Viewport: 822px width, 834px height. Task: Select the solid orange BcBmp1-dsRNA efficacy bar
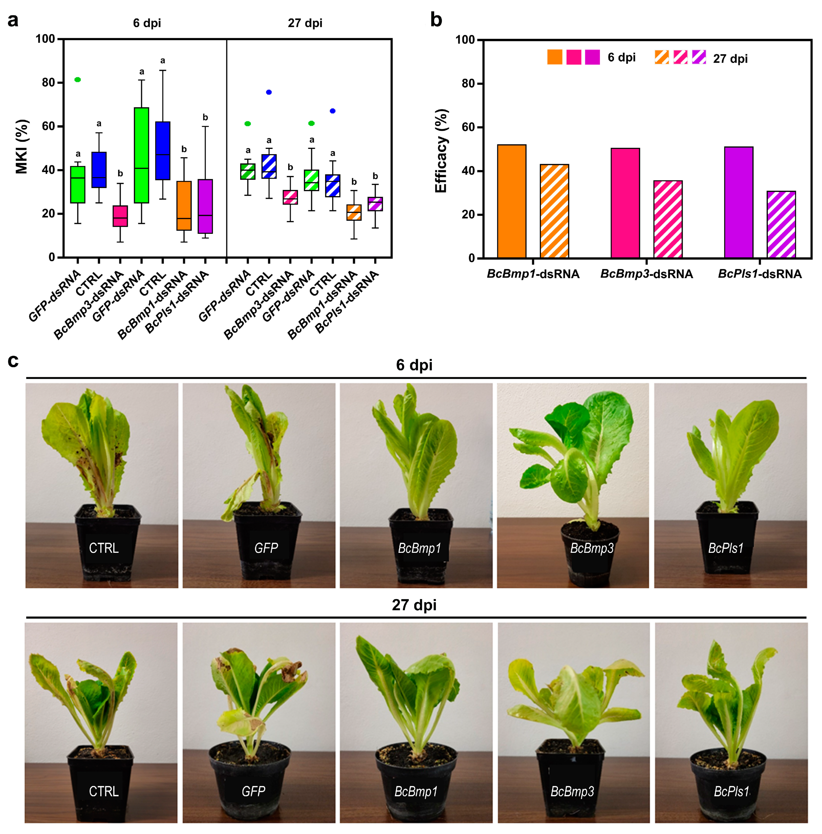tap(512, 202)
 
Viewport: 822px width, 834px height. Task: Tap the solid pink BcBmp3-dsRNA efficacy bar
tap(625, 203)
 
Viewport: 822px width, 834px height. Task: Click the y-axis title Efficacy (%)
tap(441, 151)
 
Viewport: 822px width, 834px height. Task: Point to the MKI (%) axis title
tap(22, 147)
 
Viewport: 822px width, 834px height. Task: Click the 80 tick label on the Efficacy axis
tap(468, 84)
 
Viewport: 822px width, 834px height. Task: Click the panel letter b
tap(436, 20)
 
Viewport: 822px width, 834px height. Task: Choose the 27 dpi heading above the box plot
tap(305, 23)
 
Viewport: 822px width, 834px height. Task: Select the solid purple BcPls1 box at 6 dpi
tap(205, 206)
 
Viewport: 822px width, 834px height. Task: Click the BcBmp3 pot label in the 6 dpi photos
tap(592, 548)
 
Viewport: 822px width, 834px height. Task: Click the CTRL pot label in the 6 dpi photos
tap(104, 548)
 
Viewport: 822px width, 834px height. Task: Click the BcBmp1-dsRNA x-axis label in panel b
tap(533, 274)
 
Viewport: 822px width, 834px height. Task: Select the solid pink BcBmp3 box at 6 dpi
tap(120, 216)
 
